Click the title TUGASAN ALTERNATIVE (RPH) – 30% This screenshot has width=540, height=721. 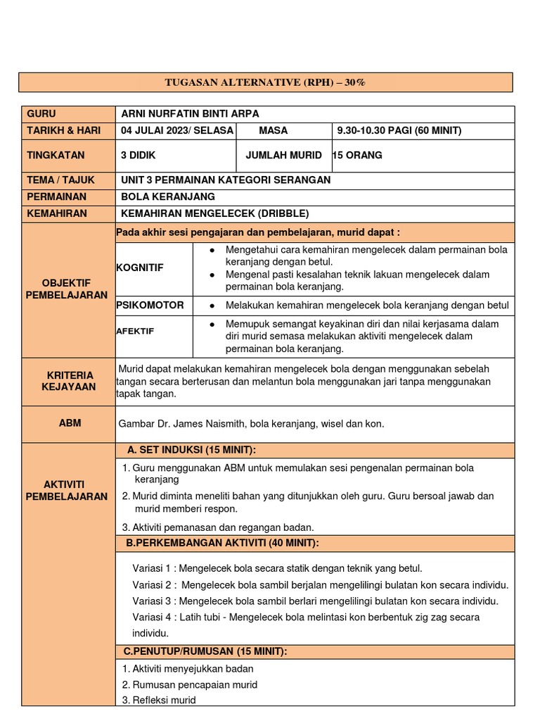(265, 82)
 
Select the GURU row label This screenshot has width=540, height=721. (41, 114)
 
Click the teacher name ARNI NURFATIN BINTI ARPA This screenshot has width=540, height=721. (195, 114)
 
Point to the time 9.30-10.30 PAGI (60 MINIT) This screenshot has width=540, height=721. (399, 131)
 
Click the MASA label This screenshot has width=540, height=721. (273, 131)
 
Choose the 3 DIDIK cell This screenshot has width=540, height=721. (138, 155)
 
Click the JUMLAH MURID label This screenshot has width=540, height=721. (283, 155)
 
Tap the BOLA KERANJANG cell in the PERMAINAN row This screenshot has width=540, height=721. (168, 196)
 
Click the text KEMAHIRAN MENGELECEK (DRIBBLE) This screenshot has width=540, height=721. (214, 213)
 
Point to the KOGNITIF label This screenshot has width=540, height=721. (139, 268)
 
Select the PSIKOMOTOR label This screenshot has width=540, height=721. (150, 306)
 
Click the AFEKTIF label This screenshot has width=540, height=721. (135, 330)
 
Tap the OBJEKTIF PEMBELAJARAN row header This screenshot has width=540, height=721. (67, 289)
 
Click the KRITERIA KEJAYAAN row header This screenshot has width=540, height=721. (67, 382)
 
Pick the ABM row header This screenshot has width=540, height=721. (70, 423)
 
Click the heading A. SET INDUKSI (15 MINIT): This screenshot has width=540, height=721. (191, 450)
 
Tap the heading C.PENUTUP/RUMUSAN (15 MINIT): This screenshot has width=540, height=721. (205, 651)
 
